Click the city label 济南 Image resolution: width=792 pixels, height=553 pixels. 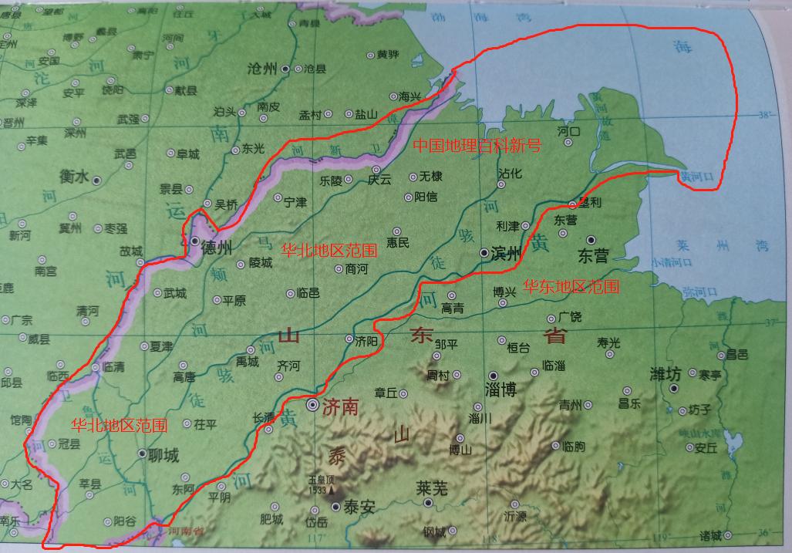coord(340,406)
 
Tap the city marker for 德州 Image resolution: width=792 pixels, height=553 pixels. coord(195,241)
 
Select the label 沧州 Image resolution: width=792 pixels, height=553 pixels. coord(262,69)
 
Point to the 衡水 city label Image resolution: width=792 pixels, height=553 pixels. coord(74,177)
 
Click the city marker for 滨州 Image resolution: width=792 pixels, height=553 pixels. coord(483,252)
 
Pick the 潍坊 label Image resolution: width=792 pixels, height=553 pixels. coord(664,375)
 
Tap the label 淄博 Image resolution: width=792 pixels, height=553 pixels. coord(500,389)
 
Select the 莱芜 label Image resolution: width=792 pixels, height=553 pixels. coord(432,487)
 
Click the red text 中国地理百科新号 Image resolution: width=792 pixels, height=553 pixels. coord(477,145)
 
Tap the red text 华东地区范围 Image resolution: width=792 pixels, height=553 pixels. coord(571,287)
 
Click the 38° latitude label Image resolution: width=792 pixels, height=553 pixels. coord(764,115)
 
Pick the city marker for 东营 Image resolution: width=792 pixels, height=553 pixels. coord(591,240)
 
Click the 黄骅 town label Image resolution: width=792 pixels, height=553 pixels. coord(387,55)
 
